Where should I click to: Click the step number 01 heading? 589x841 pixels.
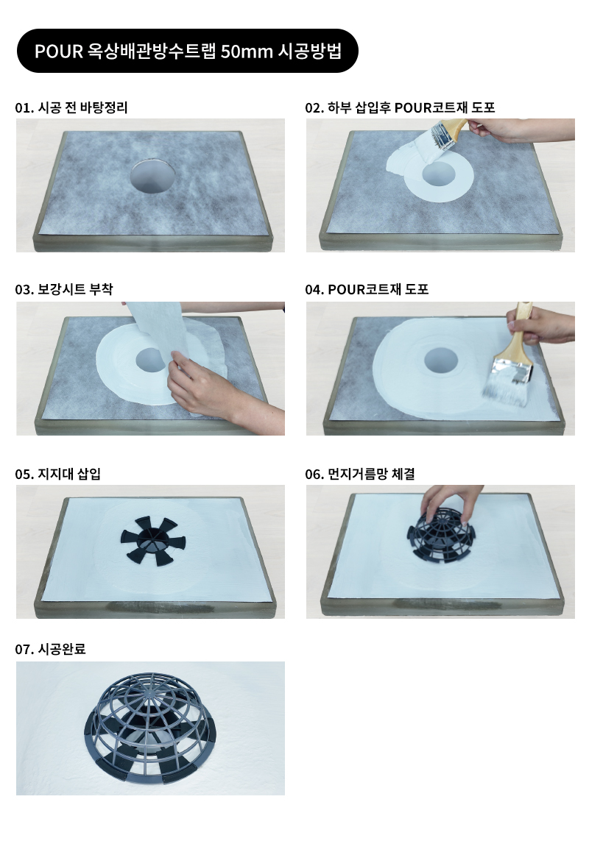pyautogui.click(x=23, y=108)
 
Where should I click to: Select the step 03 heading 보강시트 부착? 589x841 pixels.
pyautogui.click(x=75, y=290)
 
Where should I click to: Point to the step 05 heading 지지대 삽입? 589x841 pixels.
pyautogui.click(x=69, y=474)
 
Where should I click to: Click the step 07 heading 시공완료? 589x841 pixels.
pyautogui.click(x=62, y=649)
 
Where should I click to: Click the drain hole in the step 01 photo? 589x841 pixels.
pyautogui.click(x=154, y=176)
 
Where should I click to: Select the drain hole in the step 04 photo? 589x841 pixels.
pyautogui.click(x=441, y=360)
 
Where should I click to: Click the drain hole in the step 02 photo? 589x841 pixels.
pyautogui.click(x=439, y=174)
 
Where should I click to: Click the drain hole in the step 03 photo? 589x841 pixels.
pyautogui.click(x=149, y=359)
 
